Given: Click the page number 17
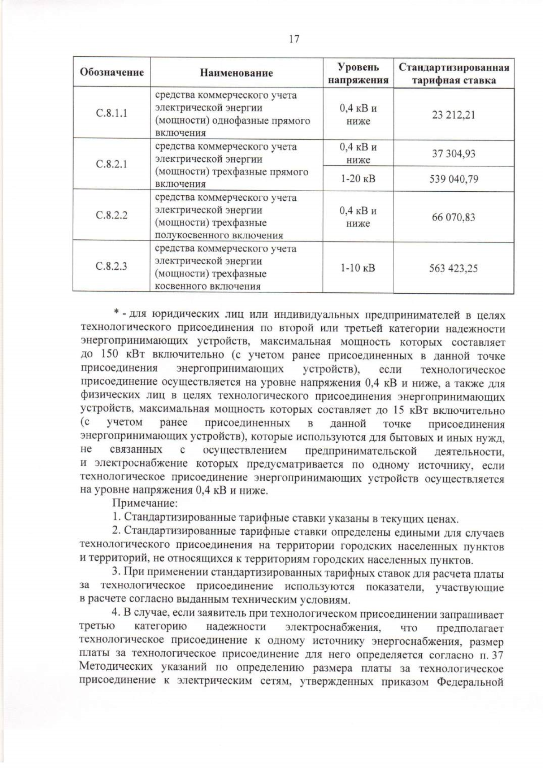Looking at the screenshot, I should click(294, 39).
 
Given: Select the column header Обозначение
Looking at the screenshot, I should click(112, 72).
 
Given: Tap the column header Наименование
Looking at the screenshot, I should click(237, 73).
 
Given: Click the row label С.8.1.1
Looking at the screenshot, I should click(112, 113).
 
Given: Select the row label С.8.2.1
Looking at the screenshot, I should click(112, 164).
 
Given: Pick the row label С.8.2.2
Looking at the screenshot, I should click(112, 215).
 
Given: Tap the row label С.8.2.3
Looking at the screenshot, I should click(112, 266).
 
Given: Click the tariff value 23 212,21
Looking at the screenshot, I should click(453, 115).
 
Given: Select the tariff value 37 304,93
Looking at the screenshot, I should click(453, 154).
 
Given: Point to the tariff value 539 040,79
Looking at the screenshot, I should click(453, 179).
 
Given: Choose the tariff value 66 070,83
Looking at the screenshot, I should click(453, 217).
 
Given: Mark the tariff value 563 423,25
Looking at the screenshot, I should click(453, 268).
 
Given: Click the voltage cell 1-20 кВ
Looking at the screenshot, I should click(358, 179).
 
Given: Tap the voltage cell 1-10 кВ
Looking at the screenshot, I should click(358, 268).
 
